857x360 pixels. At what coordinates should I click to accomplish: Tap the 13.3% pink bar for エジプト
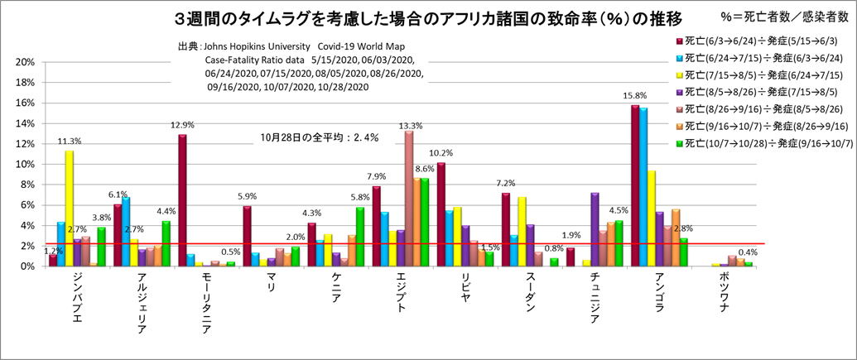pos(409,199)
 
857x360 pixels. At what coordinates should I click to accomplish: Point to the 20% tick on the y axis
pos(26,62)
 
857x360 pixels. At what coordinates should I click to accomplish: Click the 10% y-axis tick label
pos(26,164)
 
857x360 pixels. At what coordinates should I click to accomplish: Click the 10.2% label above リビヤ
pos(441,152)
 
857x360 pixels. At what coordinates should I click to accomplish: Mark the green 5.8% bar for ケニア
pos(359,237)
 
